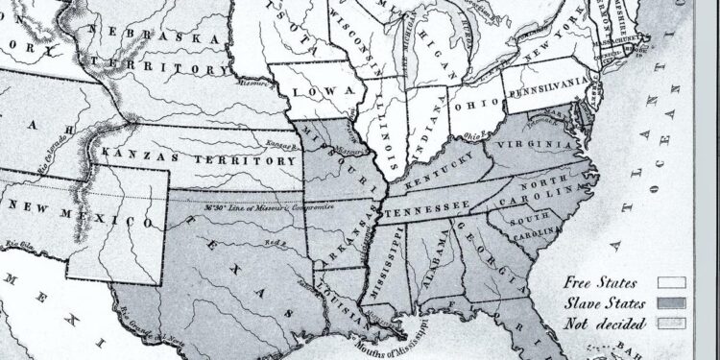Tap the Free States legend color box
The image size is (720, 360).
click(670, 283)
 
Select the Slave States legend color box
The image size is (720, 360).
click(670, 303)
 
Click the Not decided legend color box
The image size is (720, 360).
click(670, 323)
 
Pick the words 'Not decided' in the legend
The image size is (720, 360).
click(607, 323)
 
